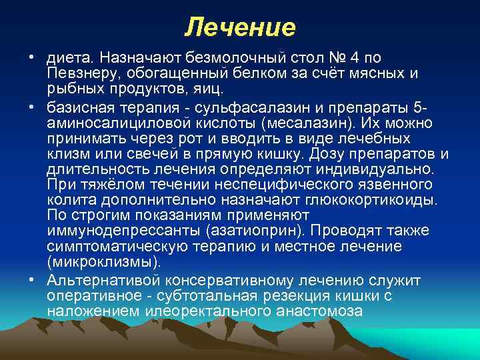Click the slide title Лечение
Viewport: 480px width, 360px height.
[240, 27]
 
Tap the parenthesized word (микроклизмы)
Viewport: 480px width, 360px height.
[104, 261]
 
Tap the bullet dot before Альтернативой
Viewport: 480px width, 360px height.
[33, 280]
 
